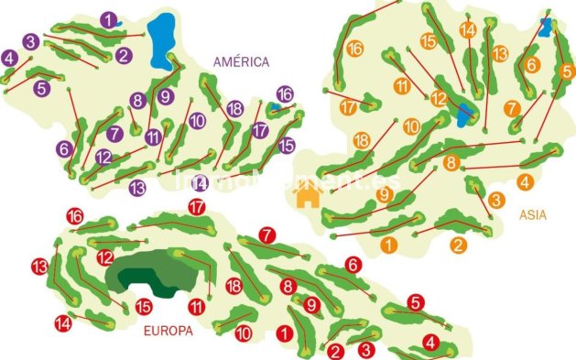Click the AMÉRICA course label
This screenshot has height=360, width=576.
point(242,62)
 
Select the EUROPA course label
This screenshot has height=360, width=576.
point(168,332)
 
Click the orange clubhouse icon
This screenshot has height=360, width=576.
point(308,196)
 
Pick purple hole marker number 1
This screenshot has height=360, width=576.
point(110,19)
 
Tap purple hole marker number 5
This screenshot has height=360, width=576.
point(41,89)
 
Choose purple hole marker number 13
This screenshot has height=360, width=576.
point(137,188)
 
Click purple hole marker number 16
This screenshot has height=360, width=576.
point(285,94)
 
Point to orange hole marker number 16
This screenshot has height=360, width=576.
point(355,49)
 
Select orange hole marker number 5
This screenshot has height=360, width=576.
point(567,71)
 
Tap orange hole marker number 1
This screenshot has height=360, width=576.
point(389,245)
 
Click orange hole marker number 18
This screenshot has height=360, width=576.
point(362,140)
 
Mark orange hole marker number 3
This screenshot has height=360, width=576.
point(495,200)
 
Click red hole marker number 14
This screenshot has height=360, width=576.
point(63,322)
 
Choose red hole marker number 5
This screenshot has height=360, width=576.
point(416,301)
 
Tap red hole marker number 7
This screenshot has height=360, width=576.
point(266,235)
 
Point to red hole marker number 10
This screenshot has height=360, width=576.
point(243,334)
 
